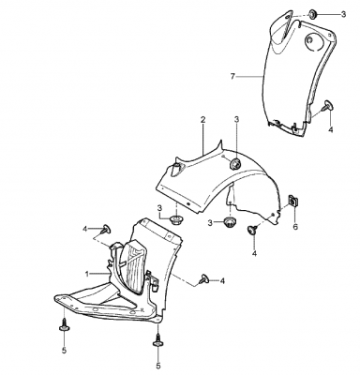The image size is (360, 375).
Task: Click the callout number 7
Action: [232, 76]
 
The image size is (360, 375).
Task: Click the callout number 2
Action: [203, 120]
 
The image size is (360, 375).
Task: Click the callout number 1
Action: [87, 274]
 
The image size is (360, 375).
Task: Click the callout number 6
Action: [295, 226]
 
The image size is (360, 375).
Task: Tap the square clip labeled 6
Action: [293, 201]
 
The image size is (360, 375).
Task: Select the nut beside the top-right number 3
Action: [312, 14]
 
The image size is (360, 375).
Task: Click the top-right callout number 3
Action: [343, 14]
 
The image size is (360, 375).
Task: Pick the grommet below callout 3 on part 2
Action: [235, 164]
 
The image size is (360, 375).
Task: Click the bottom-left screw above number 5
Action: [64, 324]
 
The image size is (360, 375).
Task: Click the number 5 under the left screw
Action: [64, 351]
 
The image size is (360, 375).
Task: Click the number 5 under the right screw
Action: [158, 366]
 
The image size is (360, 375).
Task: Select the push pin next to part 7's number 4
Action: [327, 105]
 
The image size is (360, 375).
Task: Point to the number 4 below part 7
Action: [331, 129]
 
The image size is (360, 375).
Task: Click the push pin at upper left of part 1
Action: [106, 229]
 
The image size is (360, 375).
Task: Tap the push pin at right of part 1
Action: [203, 279]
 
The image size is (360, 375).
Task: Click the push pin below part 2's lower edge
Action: [252, 230]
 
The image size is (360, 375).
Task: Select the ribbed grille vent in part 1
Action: [133, 267]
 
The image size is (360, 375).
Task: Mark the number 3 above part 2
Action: [236, 120]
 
